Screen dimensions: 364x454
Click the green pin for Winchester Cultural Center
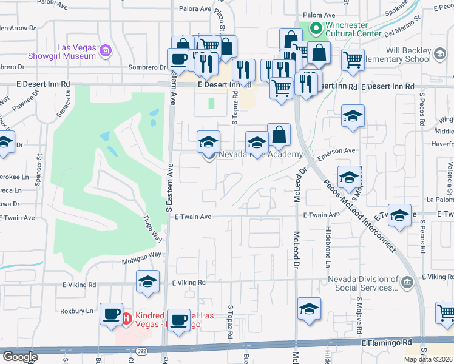[x=316, y=29]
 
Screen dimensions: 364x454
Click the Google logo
[x=20, y=356]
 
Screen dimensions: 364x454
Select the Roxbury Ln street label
[x=80, y=311]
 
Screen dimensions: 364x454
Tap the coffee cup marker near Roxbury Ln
[x=111, y=314]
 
